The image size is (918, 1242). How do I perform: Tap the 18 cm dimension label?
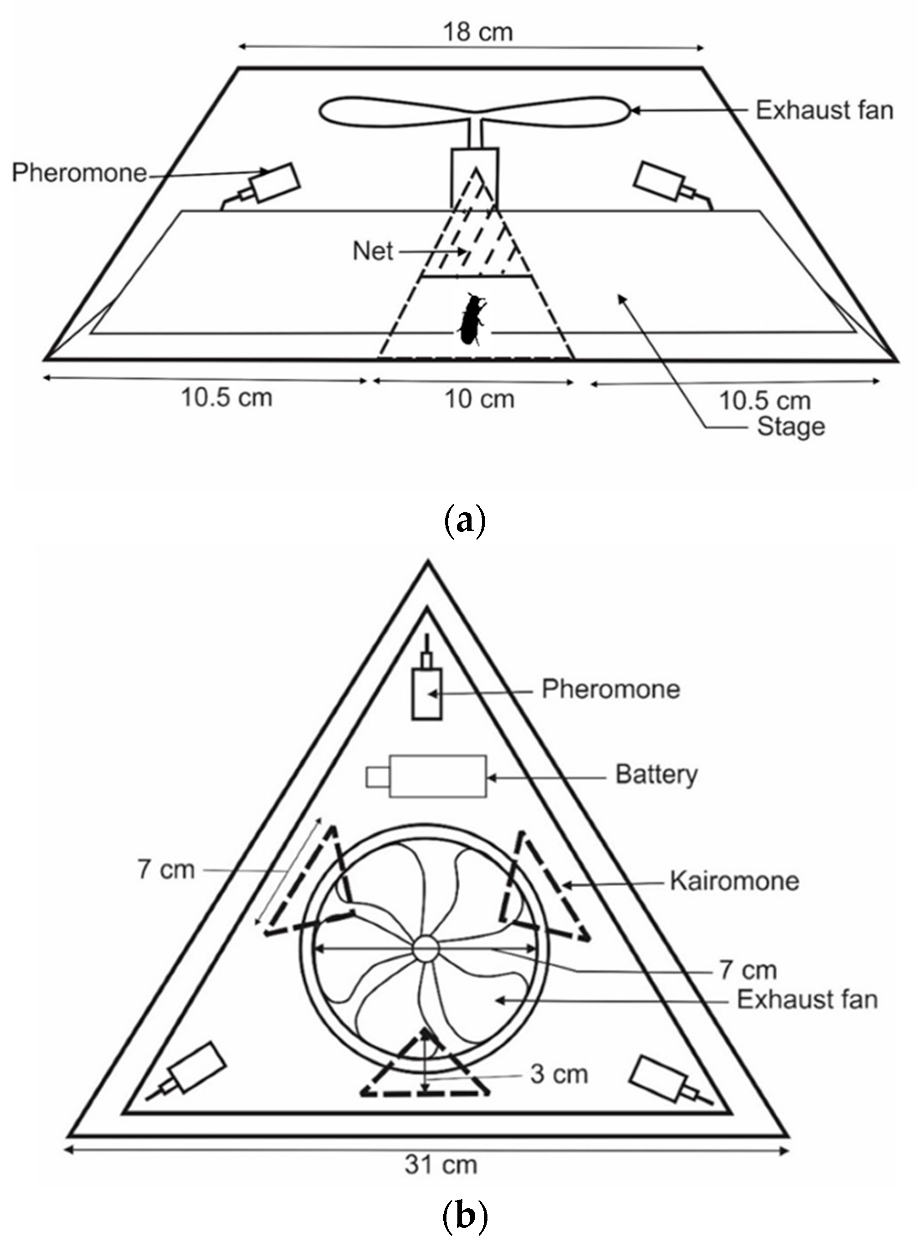477,32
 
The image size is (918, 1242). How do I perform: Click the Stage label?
791,427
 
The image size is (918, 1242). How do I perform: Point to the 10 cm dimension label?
480,399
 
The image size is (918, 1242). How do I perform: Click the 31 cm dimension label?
441,1164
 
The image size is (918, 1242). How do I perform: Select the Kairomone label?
734,881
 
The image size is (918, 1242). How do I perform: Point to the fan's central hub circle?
426,948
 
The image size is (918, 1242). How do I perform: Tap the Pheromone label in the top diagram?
79,173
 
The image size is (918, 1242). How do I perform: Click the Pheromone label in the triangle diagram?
610,690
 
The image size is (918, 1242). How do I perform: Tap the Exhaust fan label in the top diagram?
824,111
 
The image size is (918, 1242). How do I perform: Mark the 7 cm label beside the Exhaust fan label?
748,970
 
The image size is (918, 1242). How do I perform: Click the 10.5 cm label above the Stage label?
764,401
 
